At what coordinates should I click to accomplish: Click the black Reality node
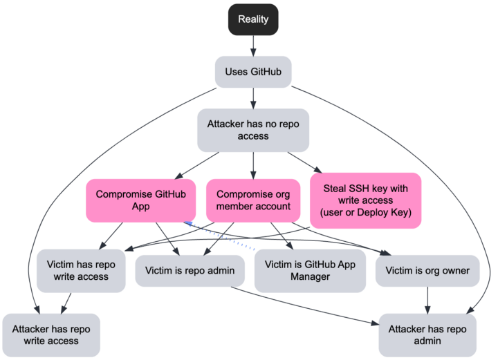[x=253, y=19]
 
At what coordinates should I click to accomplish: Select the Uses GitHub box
[x=253, y=71]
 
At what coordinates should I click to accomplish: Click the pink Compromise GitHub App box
[x=138, y=200]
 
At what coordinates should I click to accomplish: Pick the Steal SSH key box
[x=366, y=200]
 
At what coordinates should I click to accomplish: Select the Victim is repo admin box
[x=190, y=270]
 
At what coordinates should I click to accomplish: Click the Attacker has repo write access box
[x=51, y=334]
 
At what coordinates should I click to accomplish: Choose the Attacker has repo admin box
[x=427, y=334]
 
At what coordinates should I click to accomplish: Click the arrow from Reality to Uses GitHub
[x=253, y=45]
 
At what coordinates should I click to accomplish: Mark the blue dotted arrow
[x=221, y=235]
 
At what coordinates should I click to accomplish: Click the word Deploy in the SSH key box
[x=376, y=213]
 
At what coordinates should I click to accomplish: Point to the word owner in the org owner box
[x=454, y=270]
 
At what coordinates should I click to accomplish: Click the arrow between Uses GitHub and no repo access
[x=253, y=98]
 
